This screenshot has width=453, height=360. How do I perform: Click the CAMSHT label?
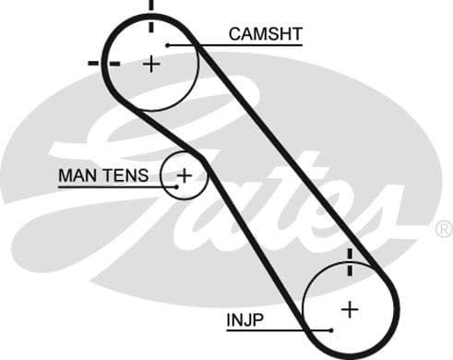[266, 35]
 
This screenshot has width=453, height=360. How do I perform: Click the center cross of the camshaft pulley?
[151, 64]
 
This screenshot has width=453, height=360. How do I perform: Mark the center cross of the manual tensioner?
[184, 174]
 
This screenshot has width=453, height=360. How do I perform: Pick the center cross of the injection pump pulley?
[349, 308]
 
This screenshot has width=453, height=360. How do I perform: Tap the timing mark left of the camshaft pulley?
[103, 63]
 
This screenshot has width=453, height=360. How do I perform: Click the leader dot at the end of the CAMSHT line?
[167, 44]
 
